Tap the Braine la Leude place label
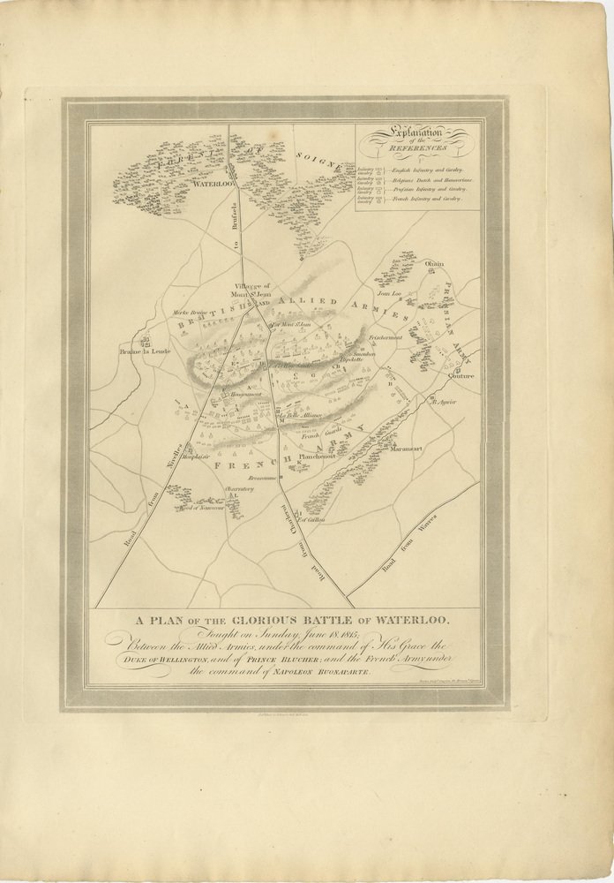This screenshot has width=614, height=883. [145, 351]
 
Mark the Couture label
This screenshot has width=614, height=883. [460, 376]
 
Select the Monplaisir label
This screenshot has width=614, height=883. [199, 457]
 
